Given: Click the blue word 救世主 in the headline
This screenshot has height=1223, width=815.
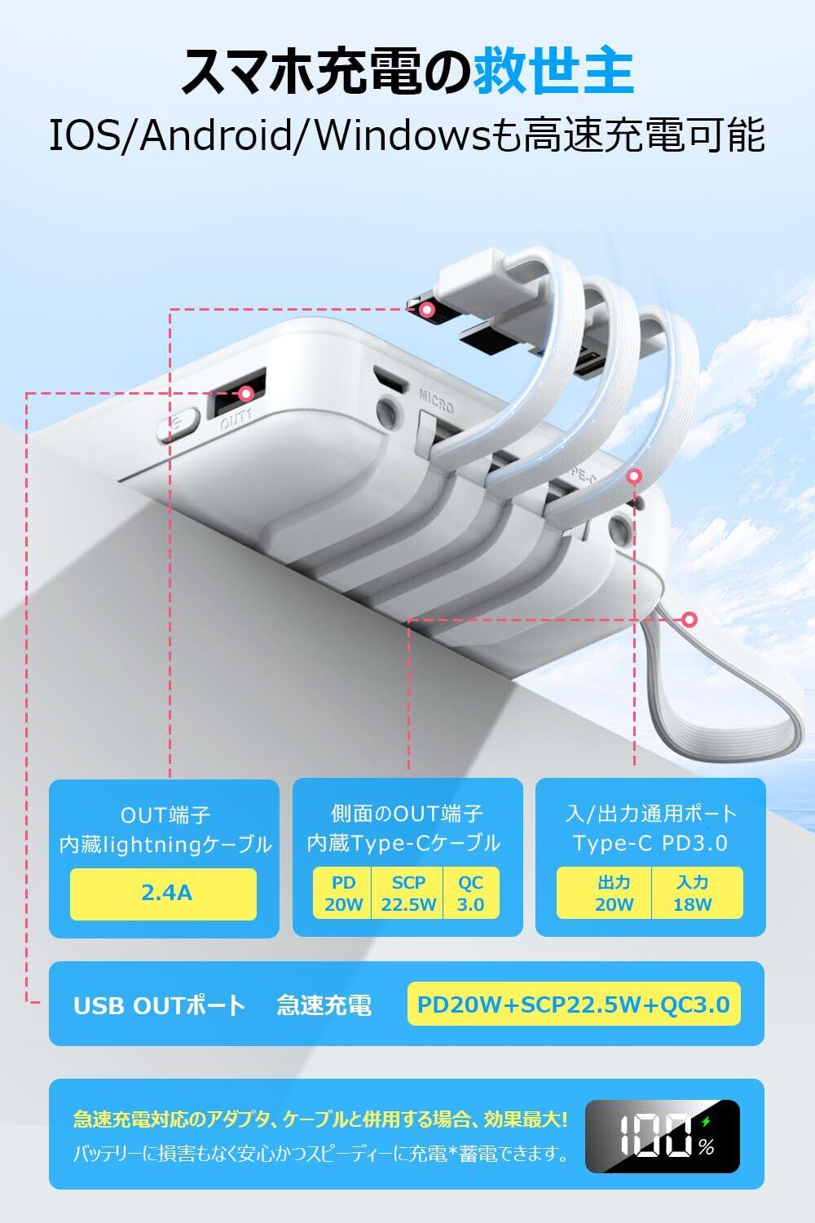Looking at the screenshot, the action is pos(553,72).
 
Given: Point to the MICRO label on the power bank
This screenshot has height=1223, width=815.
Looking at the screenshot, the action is pos(436,400).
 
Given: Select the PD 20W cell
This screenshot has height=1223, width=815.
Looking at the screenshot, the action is pos(343,893).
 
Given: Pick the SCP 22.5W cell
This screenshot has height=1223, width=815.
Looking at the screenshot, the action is pos(408,893).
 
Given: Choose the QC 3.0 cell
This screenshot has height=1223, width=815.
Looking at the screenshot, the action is pos(470,893).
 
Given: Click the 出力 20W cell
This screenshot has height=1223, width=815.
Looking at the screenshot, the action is pos(614,893).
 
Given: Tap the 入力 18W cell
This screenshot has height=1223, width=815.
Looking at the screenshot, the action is pos(692,893).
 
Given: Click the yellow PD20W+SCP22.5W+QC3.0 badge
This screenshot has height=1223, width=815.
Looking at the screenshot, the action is pos(573,1004).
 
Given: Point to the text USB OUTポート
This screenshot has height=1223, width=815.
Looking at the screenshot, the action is pos(159,1005).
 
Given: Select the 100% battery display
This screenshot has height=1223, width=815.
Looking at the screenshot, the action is pos(662,1134).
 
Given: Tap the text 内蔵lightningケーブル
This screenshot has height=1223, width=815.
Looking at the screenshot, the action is pos(165,845).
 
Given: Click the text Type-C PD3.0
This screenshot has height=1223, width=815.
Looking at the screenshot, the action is pos(650,843).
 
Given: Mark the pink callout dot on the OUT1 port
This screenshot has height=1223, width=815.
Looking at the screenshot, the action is pos(247,393).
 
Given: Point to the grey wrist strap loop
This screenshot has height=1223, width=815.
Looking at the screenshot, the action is pos(733,709).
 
